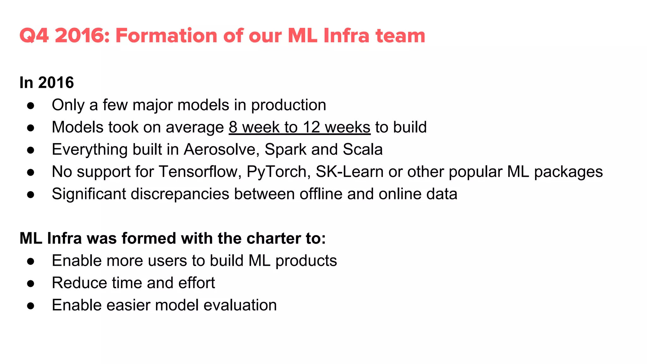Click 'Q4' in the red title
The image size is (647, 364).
pyautogui.click(x=34, y=35)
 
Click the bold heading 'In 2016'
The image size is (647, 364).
pyautogui.click(x=46, y=83)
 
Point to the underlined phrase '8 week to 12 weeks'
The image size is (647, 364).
pyautogui.click(x=299, y=127)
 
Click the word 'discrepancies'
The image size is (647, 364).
pyautogui.click(x=180, y=194)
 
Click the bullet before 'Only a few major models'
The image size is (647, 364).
pyautogui.click(x=31, y=106)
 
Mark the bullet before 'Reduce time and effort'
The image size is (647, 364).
pyautogui.click(x=31, y=283)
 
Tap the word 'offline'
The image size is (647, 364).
pyautogui.click(x=321, y=194)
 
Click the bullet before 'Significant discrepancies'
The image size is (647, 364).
pyautogui.click(x=31, y=195)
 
